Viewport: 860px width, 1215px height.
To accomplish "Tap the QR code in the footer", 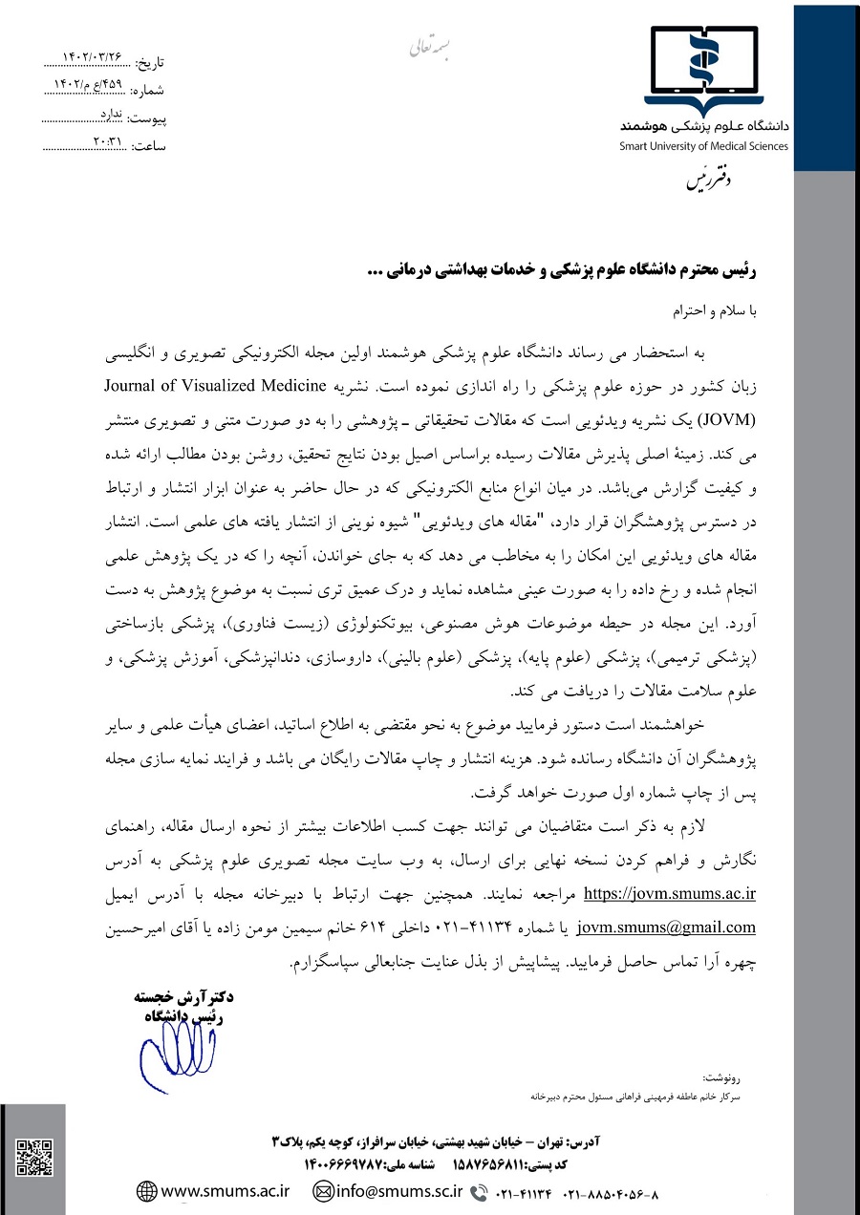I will [33, 1157].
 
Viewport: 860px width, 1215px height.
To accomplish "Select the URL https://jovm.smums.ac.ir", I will [670, 895].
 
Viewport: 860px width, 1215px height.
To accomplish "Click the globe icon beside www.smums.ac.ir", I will [146, 1191].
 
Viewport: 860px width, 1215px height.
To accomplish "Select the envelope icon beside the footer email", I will [324, 1191].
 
